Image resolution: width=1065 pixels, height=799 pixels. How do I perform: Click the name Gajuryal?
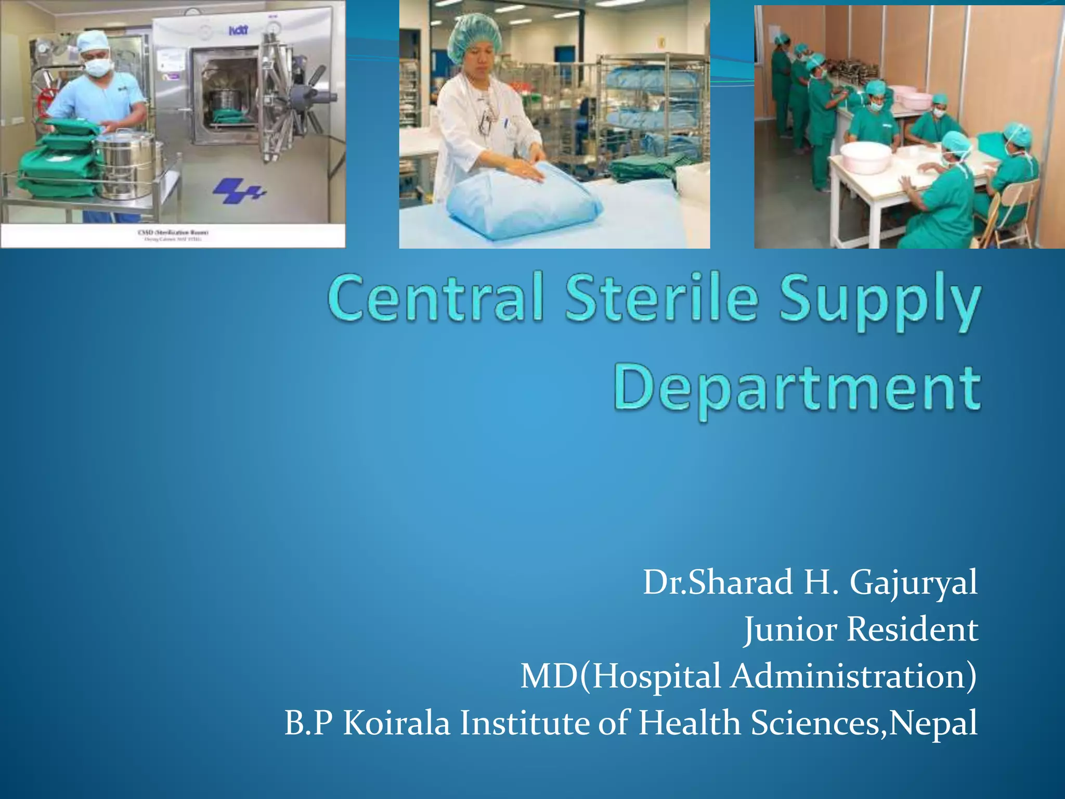(x=913, y=583)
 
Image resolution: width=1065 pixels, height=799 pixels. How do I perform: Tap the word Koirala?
(x=396, y=724)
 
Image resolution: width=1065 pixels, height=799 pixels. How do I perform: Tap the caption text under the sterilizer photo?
(x=173, y=236)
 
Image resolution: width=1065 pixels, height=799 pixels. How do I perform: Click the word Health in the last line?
(x=690, y=724)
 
